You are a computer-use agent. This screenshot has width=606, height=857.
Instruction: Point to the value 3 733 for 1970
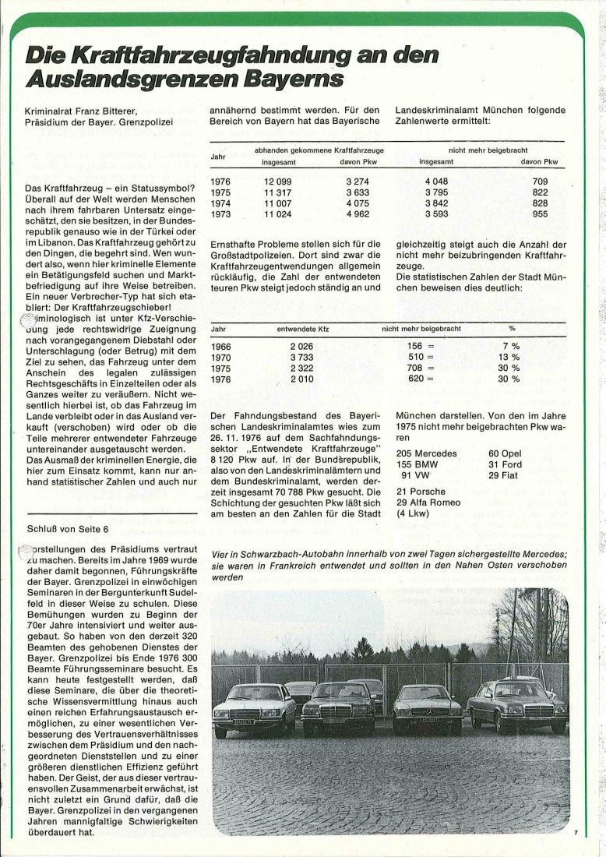tap(303, 357)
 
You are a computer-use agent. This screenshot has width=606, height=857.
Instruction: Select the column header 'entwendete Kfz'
tap(303, 329)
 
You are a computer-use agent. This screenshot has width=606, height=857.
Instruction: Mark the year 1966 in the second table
tap(220, 347)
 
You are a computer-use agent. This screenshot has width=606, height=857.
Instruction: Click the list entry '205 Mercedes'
tap(425, 453)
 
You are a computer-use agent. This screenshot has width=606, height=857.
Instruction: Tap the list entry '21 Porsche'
tap(421, 492)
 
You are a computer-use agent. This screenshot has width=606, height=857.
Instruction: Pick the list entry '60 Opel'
tap(506, 453)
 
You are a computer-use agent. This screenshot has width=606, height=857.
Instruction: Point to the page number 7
tap(576, 834)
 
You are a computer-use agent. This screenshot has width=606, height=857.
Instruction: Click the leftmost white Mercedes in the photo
tap(253, 707)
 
